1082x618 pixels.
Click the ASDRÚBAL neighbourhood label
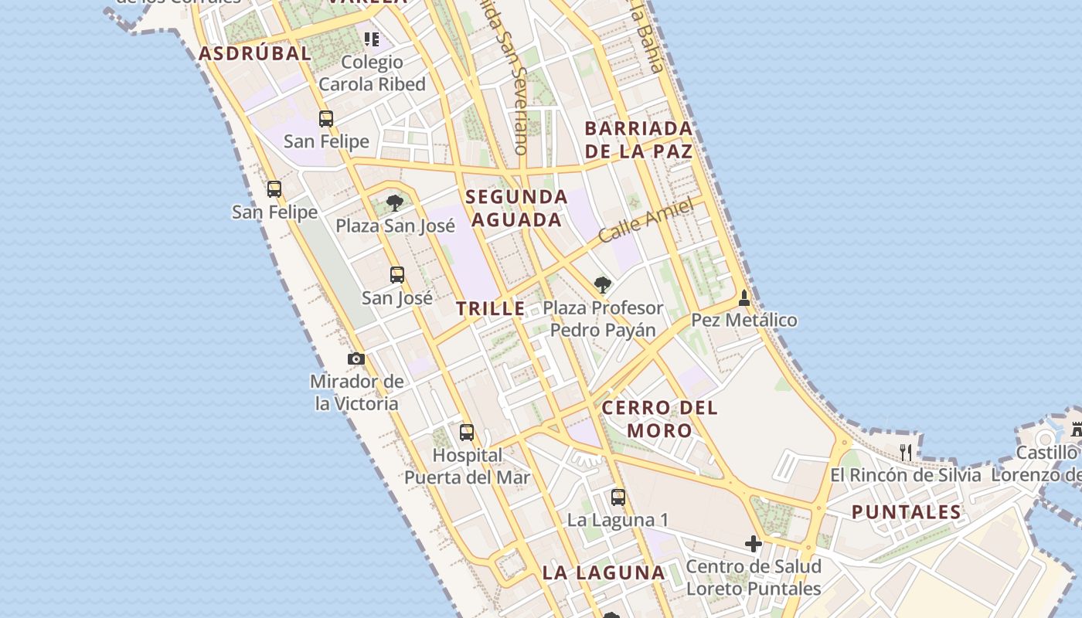(x=255, y=53)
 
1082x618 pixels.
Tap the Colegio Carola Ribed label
(x=372, y=73)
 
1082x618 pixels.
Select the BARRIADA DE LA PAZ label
(x=638, y=139)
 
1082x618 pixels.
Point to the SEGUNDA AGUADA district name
(x=516, y=208)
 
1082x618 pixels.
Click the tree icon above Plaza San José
(x=395, y=203)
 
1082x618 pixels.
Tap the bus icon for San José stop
(x=397, y=274)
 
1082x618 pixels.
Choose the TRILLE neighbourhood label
(x=490, y=309)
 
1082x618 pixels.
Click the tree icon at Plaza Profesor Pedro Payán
(x=603, y=285)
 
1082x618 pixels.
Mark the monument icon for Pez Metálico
(x=744, y=297)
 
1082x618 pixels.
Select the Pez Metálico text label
(x=743, y=320)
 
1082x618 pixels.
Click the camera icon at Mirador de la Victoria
(x=356, y=359)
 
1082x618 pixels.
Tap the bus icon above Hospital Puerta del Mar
(x=467, y=433)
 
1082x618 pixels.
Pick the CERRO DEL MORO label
(x=659, y=418)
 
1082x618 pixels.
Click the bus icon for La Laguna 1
(x=618, y=497)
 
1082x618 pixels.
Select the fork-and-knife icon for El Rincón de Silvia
(x=906, y=452)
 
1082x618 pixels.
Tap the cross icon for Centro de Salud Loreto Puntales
(x=754, y=544)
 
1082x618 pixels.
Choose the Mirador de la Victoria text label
(x=356, y=392)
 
